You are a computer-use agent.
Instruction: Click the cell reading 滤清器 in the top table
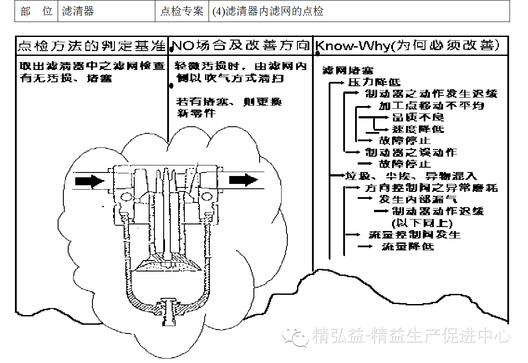(x=78, y=11)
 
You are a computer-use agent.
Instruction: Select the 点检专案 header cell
(x=182, y=11)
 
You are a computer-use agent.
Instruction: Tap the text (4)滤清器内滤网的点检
(x=268, y=11)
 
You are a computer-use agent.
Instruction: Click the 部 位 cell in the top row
(x=37, y=11)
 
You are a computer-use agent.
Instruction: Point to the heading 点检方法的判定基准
(x=92, y=45)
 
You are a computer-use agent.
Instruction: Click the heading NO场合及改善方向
(x=240, y=45)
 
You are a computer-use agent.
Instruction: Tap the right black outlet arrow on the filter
(x=243, y=180)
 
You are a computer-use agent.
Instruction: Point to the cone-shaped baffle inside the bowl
(x=169, y=263)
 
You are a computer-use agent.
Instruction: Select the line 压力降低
(x=374, y=82)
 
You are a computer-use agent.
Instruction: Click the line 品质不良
(x=412, y=117)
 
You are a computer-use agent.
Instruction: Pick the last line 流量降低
(x=407, y=246)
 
